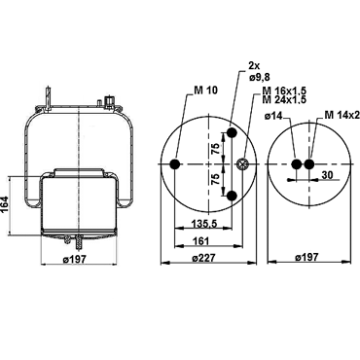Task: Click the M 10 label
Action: [206, 90]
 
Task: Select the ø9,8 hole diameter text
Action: [260, 77]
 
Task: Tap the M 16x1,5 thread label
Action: [284, 90]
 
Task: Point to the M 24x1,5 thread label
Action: [284, 99]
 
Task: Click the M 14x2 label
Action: [342, 115]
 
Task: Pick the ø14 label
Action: [273, 116]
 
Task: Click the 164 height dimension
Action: [5, 204]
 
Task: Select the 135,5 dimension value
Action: [204, 224]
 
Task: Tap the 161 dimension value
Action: [201, 241]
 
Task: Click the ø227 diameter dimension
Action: [203, 258]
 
